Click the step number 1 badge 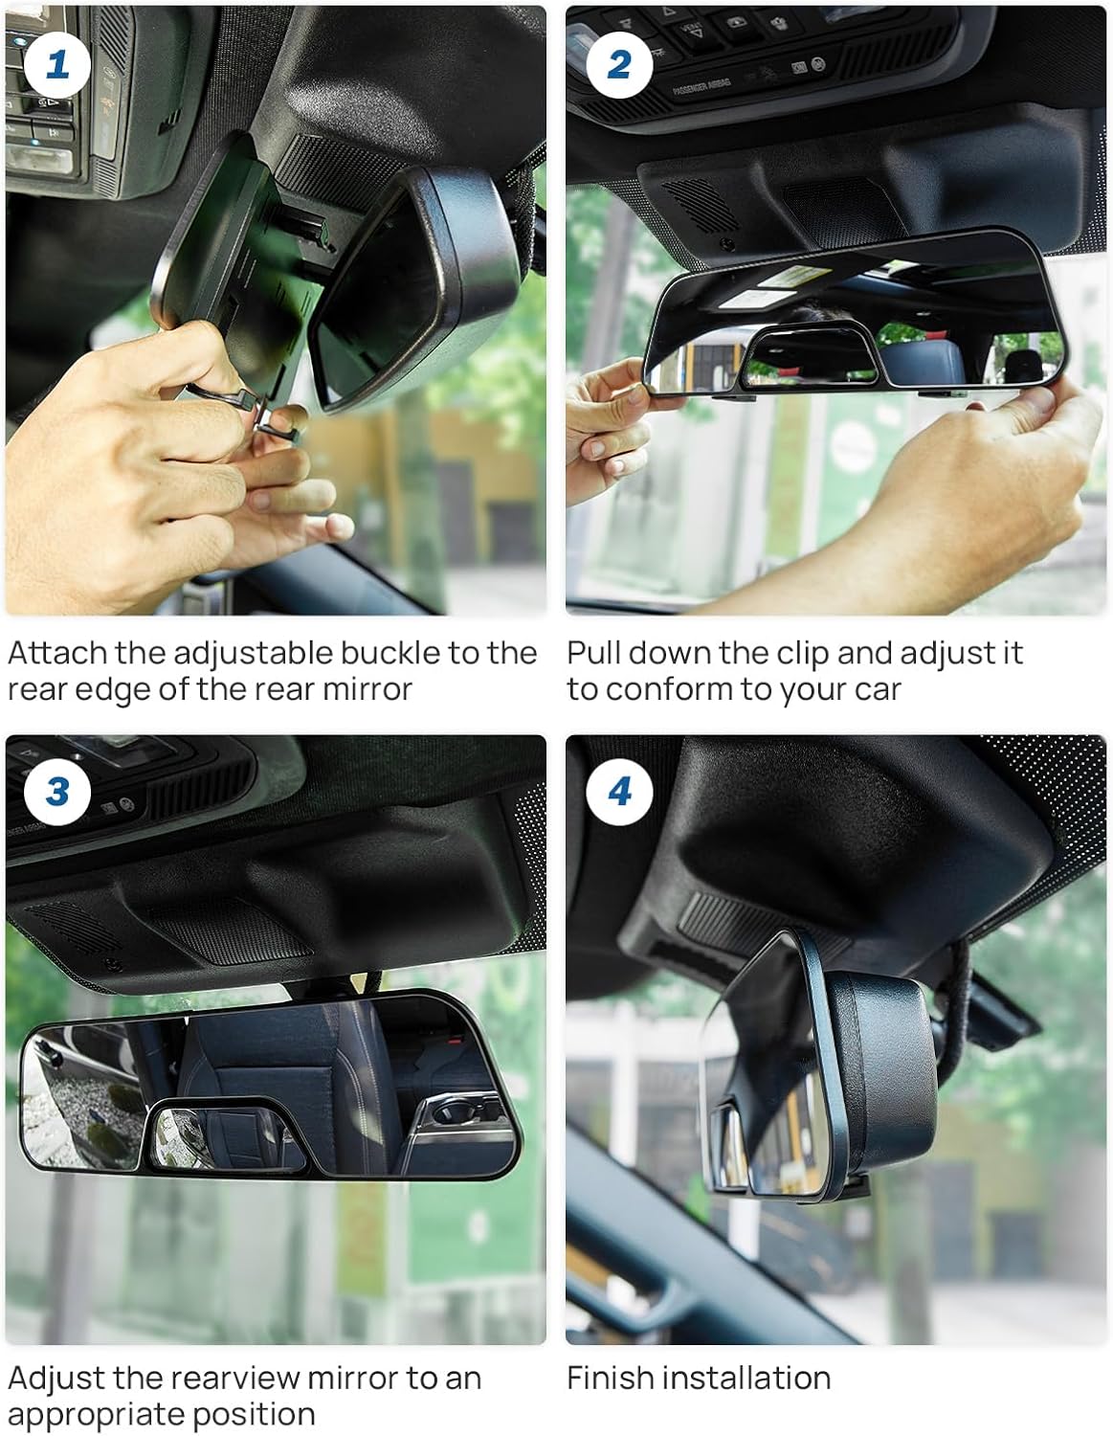point(56,65)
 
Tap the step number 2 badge point(619,65)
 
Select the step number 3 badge point(56,792)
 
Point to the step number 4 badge point(619,792)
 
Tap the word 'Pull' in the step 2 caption point(592,653)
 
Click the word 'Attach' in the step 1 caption point(57,653)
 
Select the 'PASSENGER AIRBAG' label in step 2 point(701,87)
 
